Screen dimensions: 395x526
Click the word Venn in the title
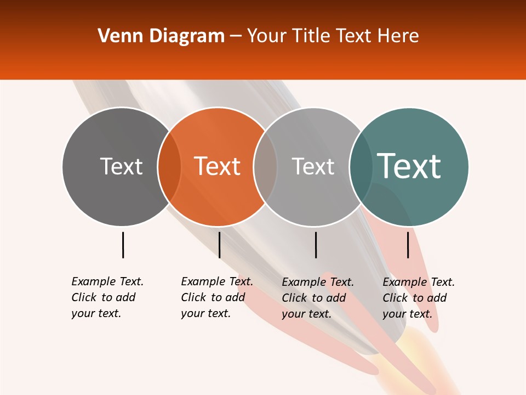(x=117, y=36)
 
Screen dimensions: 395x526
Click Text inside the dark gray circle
(x=121, y=166)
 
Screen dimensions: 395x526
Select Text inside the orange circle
(x=218, y=166)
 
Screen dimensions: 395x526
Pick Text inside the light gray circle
(x=313, y=166)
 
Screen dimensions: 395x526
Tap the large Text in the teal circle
(x=409, y=166)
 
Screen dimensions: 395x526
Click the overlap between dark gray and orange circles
(x=169, y=167)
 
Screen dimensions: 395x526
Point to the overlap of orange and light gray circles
(x=265, y=167)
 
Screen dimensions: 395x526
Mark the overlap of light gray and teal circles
(x=361, y=167)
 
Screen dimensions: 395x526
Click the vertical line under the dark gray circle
(x=123, y=245)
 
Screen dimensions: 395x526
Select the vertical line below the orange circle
(x=219, y=245)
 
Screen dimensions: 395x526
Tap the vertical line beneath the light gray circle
(x=316, y=245)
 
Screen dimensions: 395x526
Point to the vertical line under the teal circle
(x=408, y=245)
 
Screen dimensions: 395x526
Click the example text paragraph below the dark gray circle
(x=107, y=297)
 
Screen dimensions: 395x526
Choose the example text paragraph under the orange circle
(x=217, y=297)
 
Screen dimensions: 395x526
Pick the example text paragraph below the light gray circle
(x=318, y=298)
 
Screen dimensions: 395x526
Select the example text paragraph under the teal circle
(x=419, y=298)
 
